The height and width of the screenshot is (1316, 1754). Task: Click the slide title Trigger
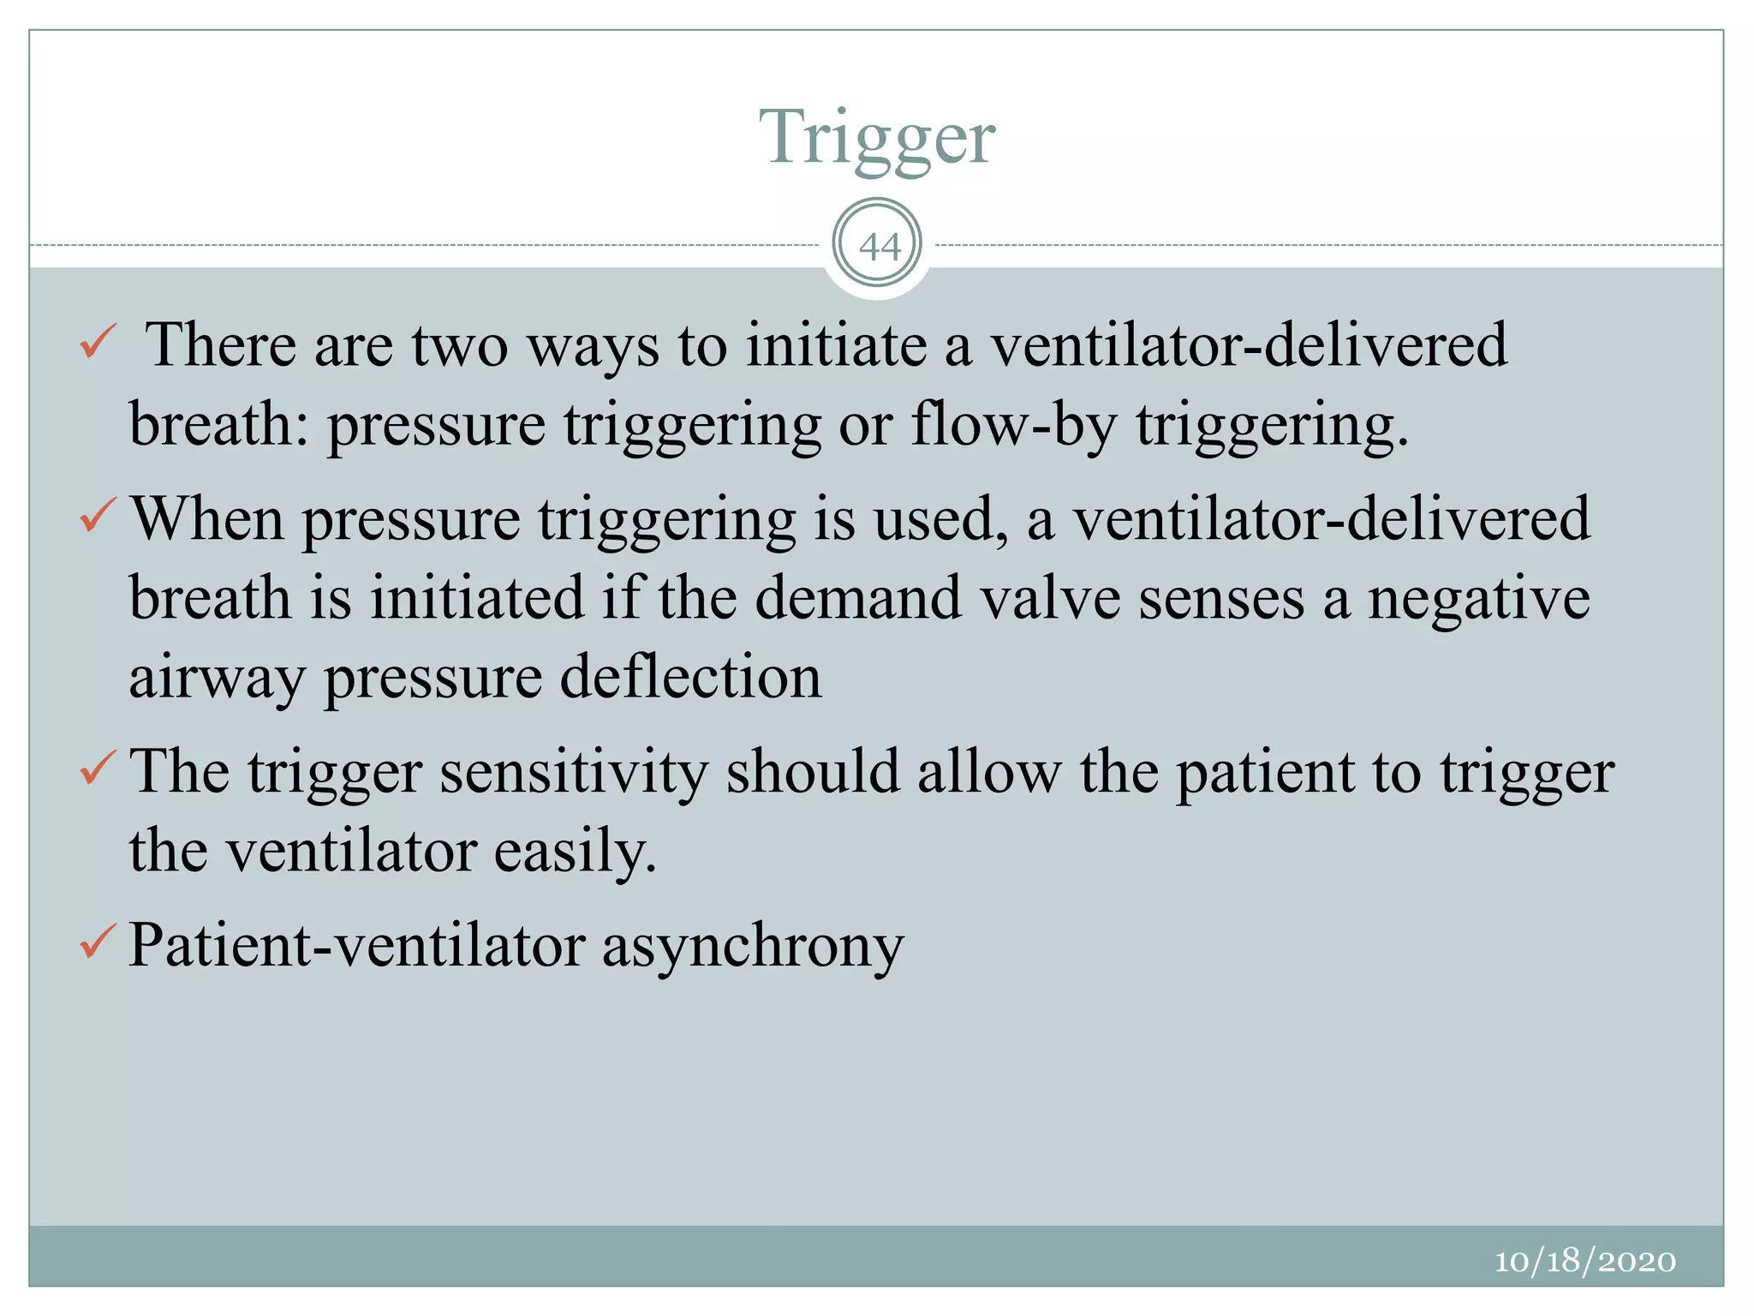(877, 137)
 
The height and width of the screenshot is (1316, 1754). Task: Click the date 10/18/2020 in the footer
(1584, 1261)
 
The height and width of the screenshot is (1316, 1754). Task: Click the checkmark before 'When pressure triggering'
(97, 516)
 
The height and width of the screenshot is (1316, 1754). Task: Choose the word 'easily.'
(576, 852)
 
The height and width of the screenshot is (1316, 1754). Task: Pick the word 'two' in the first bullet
(460, 345)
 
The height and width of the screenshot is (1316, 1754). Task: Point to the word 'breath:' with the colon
(218, 425)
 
